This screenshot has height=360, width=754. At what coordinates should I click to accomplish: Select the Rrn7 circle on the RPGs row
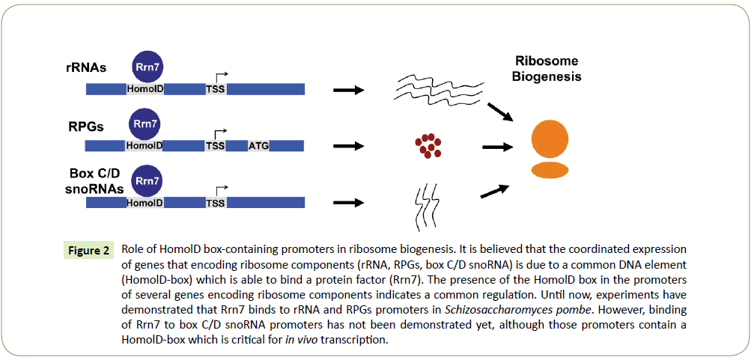point(145,123)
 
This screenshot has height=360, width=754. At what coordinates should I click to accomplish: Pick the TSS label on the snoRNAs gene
point(216,203)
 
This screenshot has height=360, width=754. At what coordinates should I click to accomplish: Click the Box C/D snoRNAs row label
point(92,182)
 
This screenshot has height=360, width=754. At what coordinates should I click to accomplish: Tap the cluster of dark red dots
point(427,145)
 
